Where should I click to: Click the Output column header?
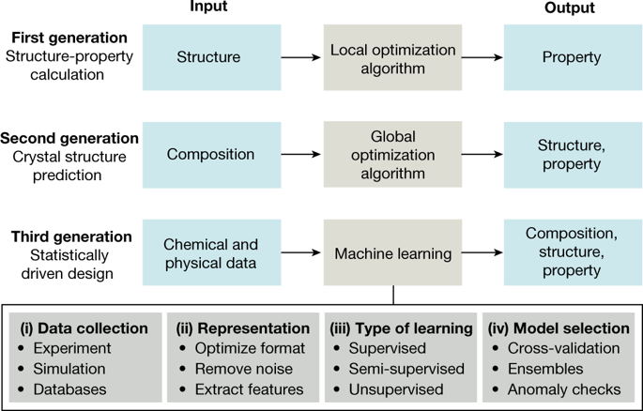tap(571, 8)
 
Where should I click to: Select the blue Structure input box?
tap(208, 57)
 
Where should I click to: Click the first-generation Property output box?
tap(571, 57)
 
